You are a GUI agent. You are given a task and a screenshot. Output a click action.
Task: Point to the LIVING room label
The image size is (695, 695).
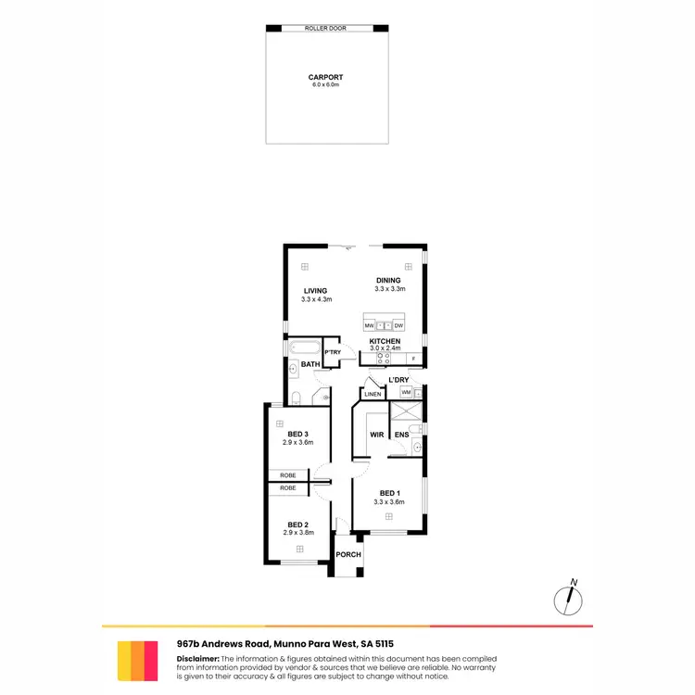[x=316, y=291]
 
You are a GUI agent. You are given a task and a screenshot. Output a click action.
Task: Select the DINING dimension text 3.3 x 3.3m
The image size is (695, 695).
[x=388, y=290]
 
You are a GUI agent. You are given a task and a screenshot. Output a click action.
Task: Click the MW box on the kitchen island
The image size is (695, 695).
[x=369, y=326]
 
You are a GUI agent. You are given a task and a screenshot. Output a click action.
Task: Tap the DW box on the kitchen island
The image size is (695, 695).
[x=398, y=326]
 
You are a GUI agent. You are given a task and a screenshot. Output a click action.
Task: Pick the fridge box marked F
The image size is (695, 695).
[x=413, y=358]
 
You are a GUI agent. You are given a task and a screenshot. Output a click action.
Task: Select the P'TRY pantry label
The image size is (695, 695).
[x=332, y=352]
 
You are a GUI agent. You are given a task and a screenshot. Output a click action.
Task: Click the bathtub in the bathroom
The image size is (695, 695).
[x=303, y=351]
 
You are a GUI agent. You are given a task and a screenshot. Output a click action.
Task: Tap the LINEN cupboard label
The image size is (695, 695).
[x=373, y=395]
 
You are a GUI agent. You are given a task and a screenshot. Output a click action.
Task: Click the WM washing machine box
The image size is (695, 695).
[x=406, y=393]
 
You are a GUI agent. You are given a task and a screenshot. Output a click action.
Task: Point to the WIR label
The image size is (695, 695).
[x=377, y=434]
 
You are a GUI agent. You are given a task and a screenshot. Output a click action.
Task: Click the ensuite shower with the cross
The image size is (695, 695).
[x=406, y=412]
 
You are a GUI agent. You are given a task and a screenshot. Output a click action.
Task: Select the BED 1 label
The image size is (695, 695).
[x=390, y=492]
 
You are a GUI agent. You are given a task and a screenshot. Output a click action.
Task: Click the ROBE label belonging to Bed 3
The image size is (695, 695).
[x=288, y=475]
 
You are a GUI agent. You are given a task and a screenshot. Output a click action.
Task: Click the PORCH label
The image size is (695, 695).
[x=348, y=554]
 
